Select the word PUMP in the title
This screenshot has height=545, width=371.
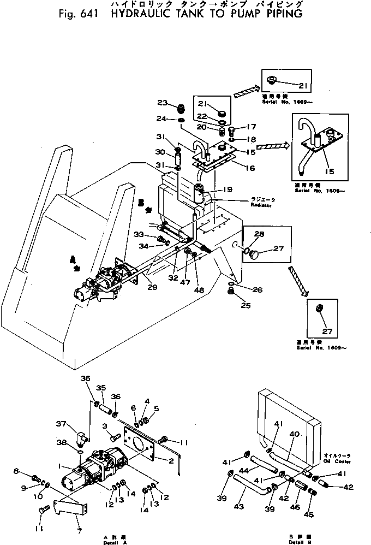(x=244, y=14)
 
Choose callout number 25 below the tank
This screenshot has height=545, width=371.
(x=246, y=305)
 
